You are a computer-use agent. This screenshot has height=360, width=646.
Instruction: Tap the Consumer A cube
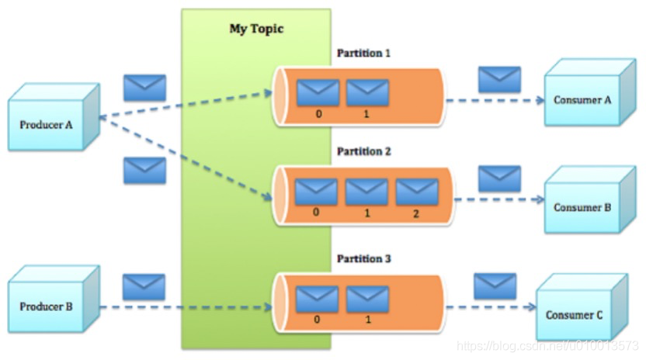pyautogui.click(x=582, y=100)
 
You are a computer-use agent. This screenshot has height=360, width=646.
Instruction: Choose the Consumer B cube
pyautogui.click(x=582, y=207)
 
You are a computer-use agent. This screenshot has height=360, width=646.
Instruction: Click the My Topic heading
pyautogui.click(x=256, y=29)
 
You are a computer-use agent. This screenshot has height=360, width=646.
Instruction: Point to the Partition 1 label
pyautogui.click(x=363, y=54)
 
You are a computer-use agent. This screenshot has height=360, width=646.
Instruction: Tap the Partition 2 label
pyautogui.click(x=363, y=151)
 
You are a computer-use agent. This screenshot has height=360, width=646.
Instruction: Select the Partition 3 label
pyautogui.click(x=363, y=258)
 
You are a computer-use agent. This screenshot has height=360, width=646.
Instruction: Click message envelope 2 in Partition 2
pyautogui.click(x=417, y=192)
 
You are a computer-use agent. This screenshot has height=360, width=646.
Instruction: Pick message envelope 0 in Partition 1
pyautogui.click(x=318, y=93)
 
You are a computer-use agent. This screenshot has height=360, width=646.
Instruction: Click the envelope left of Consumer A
pyautogui.click(x=499, y=79)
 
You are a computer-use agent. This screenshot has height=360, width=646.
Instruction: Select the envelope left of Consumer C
pyautogui.click(x=495, y=286)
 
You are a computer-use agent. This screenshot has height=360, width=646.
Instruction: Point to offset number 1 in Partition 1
pyautogui.click(x=367, y=113)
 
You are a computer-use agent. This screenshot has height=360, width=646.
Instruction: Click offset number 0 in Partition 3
pyautogui.click(x=318, y=319)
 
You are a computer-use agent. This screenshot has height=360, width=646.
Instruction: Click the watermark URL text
pyautogui.click(x=547, y=344)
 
